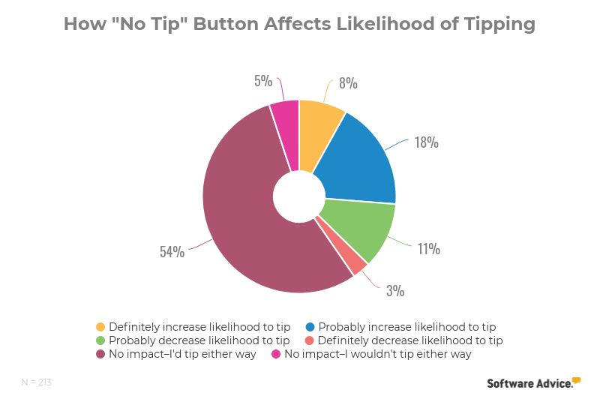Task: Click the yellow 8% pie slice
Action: pos(318,135)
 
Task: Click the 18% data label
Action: pos(426,142)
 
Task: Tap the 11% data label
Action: pos(428,248)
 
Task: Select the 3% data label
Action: pos(395,289)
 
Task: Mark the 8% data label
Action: pos(347,82)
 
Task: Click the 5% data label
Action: pos(262,80)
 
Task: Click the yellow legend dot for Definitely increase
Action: pos(100,327)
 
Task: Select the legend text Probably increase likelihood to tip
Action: pos(407,327)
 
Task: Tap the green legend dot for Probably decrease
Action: pos(100,340)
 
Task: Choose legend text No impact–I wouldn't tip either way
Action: pos(377,354)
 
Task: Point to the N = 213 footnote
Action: pos(36,382)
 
